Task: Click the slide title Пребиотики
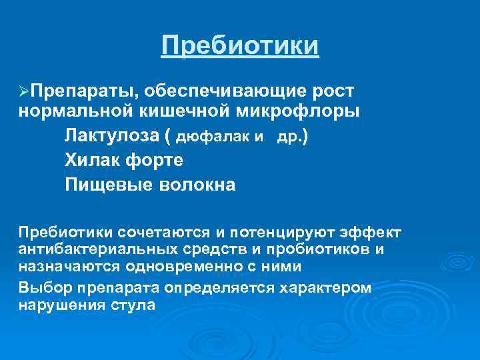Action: (x=240, y=47)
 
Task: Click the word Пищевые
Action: (x=106, y=184)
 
